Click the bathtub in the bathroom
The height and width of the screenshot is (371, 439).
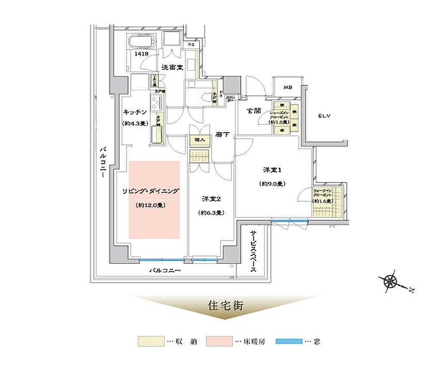[x=142, y=43]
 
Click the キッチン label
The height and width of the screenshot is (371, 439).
[x=136, y=112]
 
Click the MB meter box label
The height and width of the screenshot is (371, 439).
[x=288, y=87]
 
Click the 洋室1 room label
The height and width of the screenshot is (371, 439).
[x=272, y=171]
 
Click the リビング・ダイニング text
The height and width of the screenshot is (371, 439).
[x=151, y=191]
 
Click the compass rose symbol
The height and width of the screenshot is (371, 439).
[x=390, y=281]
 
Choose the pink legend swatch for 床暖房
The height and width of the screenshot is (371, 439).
[x=216, y=342]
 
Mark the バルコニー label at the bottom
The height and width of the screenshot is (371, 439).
[x=165, y=270]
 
